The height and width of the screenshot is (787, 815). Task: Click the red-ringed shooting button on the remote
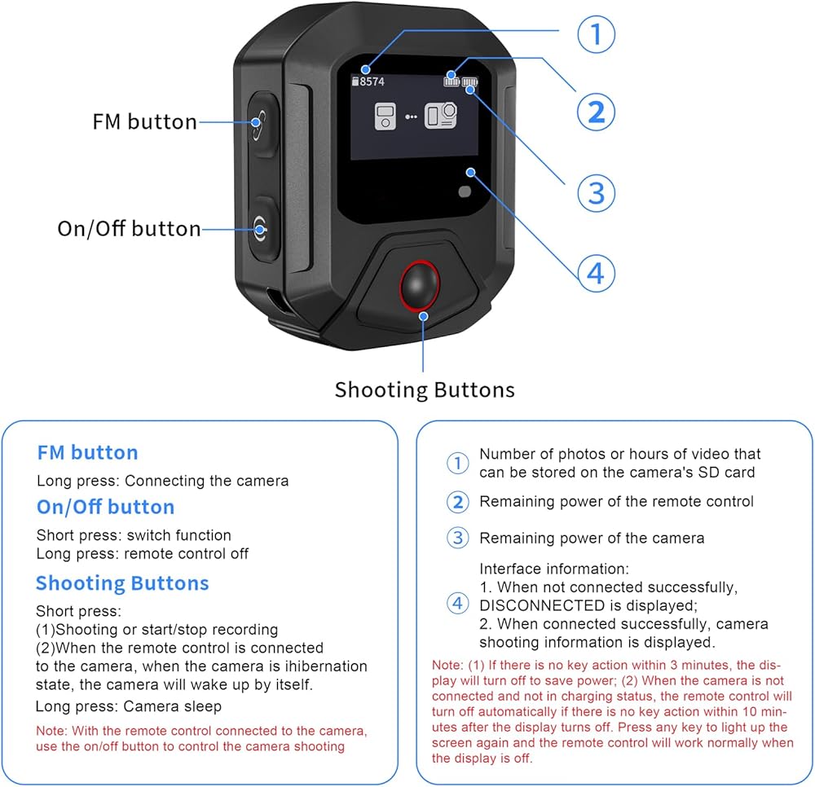point(420,285)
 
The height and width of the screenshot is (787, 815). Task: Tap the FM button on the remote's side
point(258,123)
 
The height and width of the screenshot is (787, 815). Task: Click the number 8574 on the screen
point(372,81)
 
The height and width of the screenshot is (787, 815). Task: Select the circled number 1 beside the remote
point(597,35)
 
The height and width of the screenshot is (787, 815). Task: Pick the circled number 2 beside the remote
point(597,112)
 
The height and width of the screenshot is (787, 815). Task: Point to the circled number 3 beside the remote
point(597,193)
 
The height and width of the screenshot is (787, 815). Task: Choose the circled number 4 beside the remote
point(597,274)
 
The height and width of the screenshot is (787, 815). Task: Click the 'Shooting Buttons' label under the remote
point(425,389)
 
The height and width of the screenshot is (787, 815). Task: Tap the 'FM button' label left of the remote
point(144,122)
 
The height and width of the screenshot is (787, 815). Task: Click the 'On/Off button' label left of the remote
point(129,229)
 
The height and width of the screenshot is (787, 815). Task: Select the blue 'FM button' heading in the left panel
point(87,453)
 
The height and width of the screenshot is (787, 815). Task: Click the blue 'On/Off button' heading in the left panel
point(105,507)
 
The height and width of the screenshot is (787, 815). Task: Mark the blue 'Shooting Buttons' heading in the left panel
point(122,583)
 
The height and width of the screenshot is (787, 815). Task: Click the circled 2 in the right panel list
point(458,502)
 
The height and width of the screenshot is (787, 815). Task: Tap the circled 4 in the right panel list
point(458,604)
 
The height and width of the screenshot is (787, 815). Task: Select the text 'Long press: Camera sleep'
point(128,706)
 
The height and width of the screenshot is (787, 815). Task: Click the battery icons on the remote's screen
point(460,81)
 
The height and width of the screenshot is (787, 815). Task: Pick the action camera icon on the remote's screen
point(442,117)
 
